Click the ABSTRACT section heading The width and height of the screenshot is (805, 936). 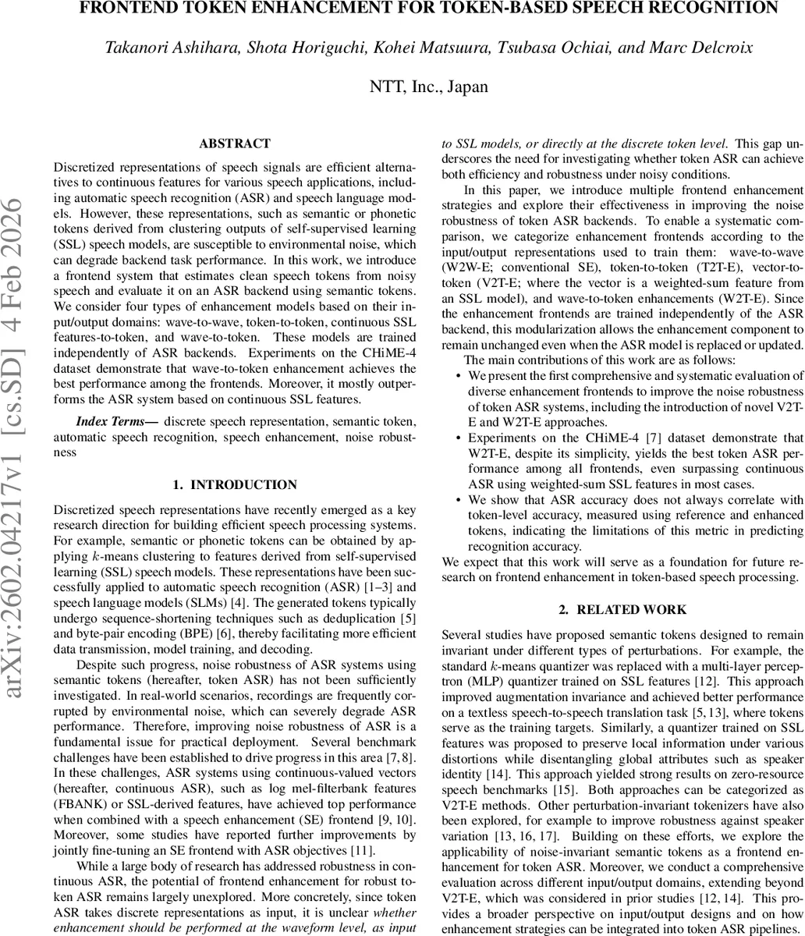pos(235,144)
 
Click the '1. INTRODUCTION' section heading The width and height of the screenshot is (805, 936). pos(235,485)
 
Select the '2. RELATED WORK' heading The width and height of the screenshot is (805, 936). pos(622,610)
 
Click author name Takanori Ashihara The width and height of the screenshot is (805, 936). pos(159,48)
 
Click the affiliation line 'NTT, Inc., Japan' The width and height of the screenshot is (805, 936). pos(428,87)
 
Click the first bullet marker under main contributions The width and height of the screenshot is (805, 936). pos(458,376)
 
